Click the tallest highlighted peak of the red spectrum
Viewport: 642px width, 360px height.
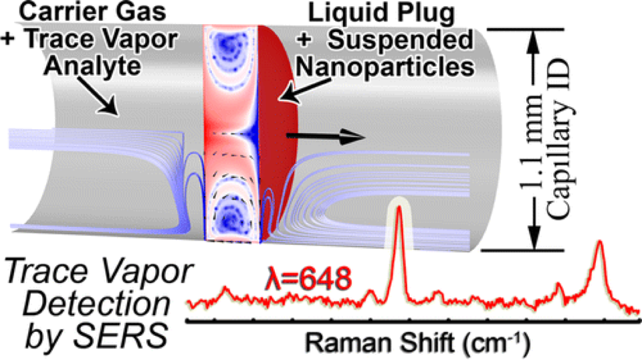point(399,211)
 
